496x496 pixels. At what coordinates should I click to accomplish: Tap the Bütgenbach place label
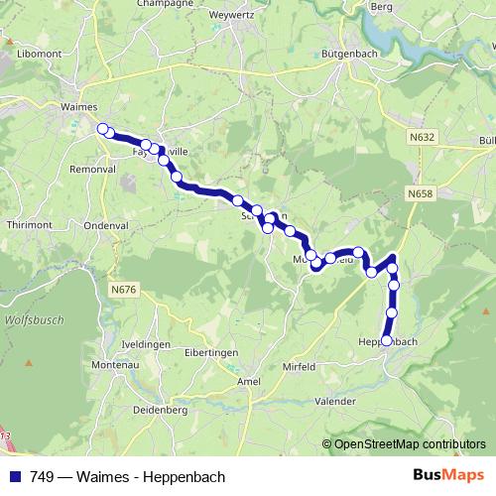[346, 55]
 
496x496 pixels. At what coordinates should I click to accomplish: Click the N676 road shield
[124, 289]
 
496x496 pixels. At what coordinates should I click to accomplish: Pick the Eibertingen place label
[212, 353]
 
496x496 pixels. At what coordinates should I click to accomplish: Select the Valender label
[333, 401]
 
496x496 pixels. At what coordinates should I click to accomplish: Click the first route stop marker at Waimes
[102, 128]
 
